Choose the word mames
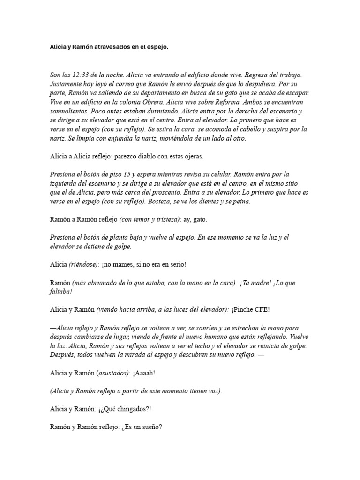(126, 264)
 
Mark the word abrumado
(101, 283)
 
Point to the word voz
(212, 390)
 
